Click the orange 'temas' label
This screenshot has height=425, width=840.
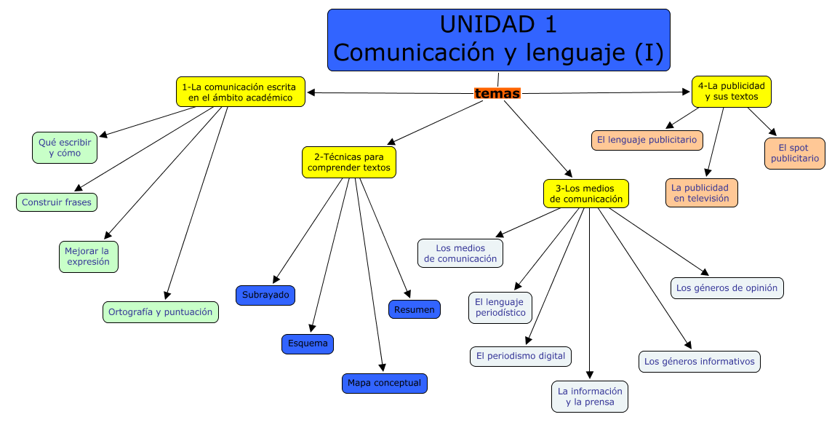point(497,93)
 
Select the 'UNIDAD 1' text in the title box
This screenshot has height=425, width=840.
point(498,25)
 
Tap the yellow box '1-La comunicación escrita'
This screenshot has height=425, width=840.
point(240,92)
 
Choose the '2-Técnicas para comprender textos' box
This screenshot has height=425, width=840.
point(349,162)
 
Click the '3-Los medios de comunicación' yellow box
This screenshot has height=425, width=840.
point(586,194)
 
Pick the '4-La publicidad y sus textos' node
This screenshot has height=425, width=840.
point(731,91)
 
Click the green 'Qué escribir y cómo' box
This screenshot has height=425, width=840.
point(65,148)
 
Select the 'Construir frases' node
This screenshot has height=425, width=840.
point(57,202)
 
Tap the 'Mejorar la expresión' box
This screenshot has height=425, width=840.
point(88,256)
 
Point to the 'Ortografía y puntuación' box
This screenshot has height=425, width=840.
point(160,312)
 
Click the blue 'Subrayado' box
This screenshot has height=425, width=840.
point(265,295)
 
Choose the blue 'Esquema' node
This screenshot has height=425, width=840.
point(308,343)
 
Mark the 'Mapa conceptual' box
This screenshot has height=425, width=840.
point(384,383)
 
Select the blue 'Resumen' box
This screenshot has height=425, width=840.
point(414,309)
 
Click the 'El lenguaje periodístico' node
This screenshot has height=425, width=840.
point(500,307)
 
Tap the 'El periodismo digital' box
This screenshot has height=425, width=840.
point(520,356)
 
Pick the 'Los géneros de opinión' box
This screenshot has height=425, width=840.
point(727,287)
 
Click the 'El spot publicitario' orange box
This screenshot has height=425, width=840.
point(795,153)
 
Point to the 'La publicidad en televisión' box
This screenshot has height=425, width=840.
point(701,193)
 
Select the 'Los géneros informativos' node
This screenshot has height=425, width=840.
point(700,361)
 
